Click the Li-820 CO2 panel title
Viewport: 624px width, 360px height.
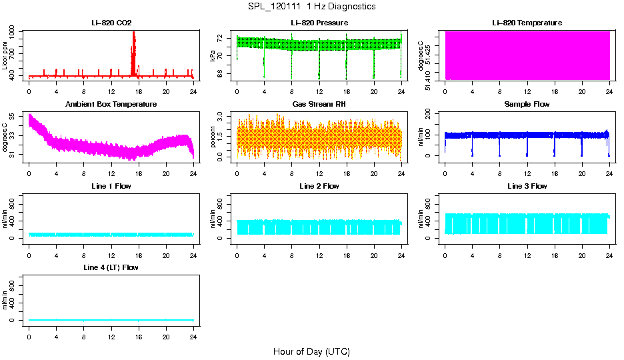point(111,23)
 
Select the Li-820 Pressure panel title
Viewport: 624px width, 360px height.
point(319,23)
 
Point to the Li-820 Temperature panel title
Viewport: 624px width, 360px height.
point(527,23)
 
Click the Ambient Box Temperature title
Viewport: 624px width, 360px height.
point(111,105)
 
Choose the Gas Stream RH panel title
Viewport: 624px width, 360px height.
point(319,105)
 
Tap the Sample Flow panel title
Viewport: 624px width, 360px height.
point(527,105)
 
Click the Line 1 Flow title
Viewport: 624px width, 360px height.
point(111,187)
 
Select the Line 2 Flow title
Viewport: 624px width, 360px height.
point(319,187)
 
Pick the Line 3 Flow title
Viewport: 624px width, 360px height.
point(527,187)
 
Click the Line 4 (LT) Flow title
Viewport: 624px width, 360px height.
point(111,268)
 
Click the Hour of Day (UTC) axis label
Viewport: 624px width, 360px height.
point(311,351)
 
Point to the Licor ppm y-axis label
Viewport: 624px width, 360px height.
point(5,55)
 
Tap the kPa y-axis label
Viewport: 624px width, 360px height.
point(213,55)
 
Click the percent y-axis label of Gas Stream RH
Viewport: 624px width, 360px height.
point(213,137)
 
